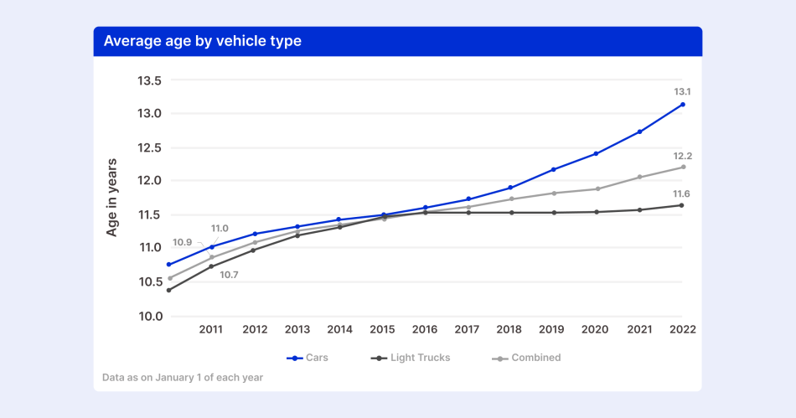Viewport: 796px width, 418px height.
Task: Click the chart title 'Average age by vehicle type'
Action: (x=202, y=41)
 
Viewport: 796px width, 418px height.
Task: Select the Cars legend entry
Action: (x=308, y=358)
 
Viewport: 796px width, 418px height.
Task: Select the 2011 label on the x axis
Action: (x=211, y=330)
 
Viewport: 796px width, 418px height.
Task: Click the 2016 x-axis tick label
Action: (x=424, y=330)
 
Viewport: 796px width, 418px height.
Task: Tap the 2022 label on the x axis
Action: (x=682, y=330)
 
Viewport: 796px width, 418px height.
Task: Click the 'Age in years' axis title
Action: (x=112, y=197)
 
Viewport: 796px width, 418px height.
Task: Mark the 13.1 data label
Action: (x=682, y=91)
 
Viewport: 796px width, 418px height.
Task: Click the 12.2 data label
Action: (x=682, y=156)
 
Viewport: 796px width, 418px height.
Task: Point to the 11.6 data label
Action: (x=682, y=194)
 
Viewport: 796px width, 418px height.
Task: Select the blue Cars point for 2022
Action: (x=683, y=105)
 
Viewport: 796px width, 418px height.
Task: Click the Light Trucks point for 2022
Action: (x=683, y=205)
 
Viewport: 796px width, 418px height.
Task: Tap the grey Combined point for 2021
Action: (x=640, y=177)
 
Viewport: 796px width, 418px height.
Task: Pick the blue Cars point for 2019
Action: (x=554, y=169)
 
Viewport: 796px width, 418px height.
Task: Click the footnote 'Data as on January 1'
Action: (x=182, y=378)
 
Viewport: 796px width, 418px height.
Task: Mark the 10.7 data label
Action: (x=230, y=274)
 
